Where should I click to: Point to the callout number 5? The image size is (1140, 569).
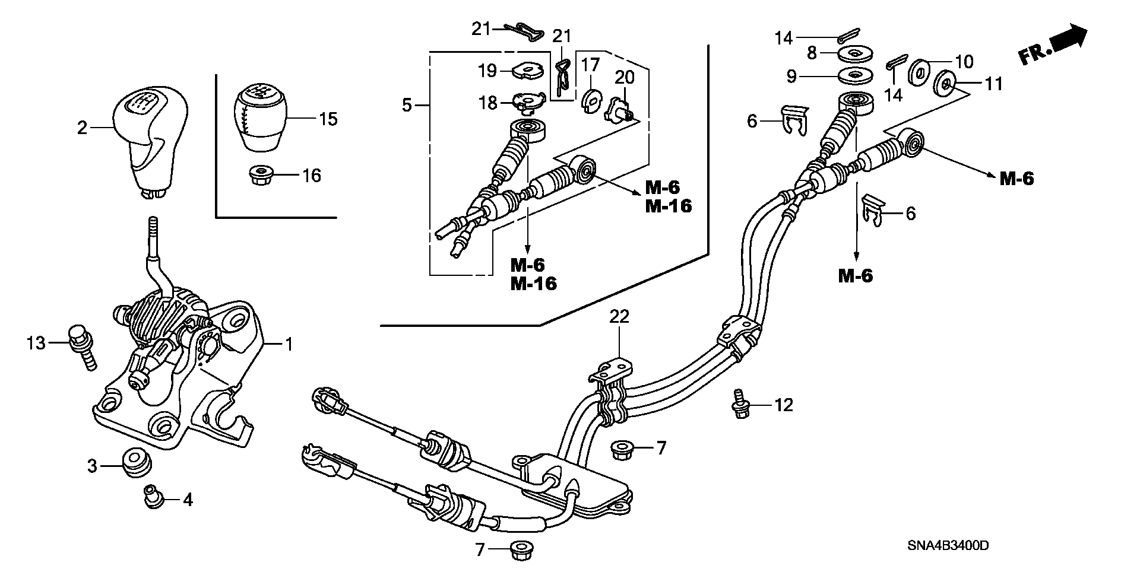[x=406, y=106]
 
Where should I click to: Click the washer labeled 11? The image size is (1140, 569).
[x=945, y=84]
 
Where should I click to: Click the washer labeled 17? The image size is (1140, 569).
[x=589, y=100]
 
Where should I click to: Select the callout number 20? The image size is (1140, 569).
[x=624, y=77]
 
